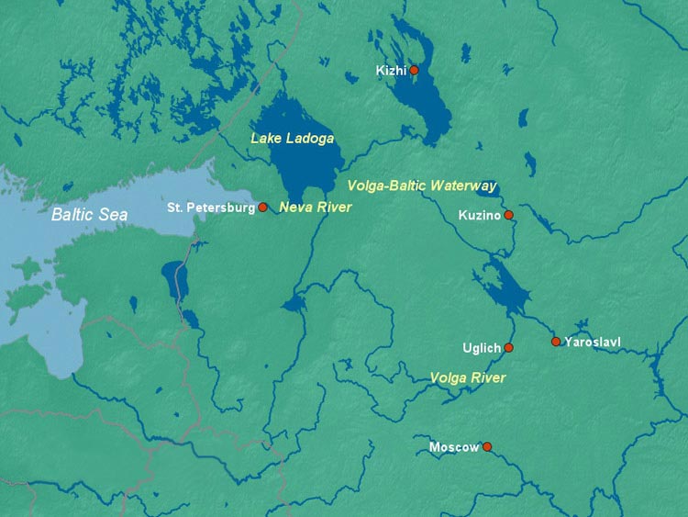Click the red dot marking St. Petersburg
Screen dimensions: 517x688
[x=263, y=208]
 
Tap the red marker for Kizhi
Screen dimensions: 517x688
[x=414, y=70]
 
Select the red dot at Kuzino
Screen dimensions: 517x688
[x=509, y=215]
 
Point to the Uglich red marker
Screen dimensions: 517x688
[x=509, y=348]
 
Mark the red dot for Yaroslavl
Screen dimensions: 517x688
[x=555, y=342]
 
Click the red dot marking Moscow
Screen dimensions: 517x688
[x=487, y=447]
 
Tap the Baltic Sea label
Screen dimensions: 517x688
[x=89, y=214]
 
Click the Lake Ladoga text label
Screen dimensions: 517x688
[x=292, y=138]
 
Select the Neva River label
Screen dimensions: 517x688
[x=315, y=208]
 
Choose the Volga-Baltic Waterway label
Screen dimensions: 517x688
[x=422, y=185]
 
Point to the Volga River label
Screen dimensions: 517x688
[x=468, y=377]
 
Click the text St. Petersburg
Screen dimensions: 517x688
[x=211, y=208]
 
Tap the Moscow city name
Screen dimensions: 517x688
[x=454, y=447]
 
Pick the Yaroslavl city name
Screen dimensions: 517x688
[x=593, y=342]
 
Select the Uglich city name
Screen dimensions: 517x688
[x=483, y=348]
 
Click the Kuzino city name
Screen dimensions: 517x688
[x=479, y=215]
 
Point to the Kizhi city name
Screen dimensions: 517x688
[x=391, y=70]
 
